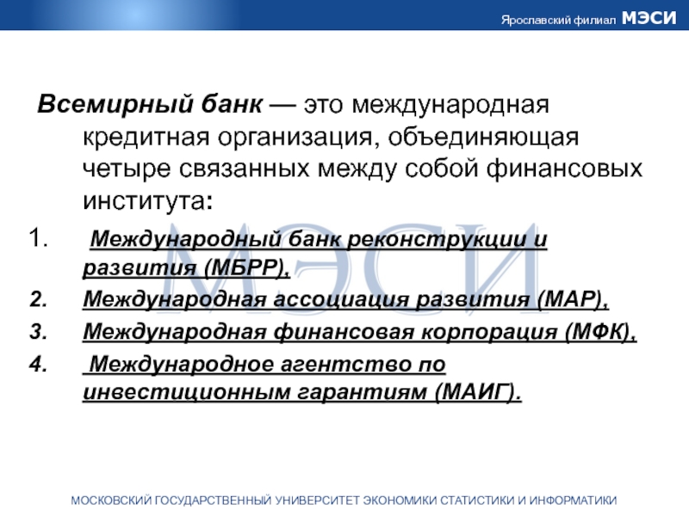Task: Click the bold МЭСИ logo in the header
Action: pyautogui.click(x=649, y=18)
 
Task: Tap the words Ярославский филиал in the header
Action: pyautogui.click(x=558, y=20)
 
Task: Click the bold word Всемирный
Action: pyautogui.click(x=115, y=105)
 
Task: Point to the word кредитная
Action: pyautogui.click(x=146, y=138)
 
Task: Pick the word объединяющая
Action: pyautogui.click(x=483, y=137)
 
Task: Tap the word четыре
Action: pyautogui.click(x=127, y=169)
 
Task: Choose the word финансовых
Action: pyautogui.click(x=564, y=169)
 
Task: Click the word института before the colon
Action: pyautogui.click(x=144, y=201)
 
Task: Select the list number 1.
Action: pyautogui.click(x=38, y=238)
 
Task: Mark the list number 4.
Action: pyautogui.click(x=38, y=364)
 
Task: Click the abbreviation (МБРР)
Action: pyautogui.click(x=247, y=267)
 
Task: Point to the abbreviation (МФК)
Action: pyautogui.click(x=600, y=332)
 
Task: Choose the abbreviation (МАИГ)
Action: pyautogui.click(x=478, y=392)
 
